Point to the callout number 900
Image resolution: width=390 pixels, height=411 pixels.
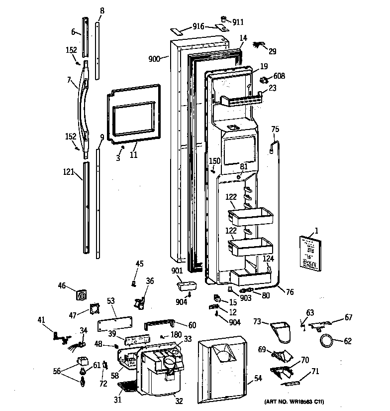click(155, 59)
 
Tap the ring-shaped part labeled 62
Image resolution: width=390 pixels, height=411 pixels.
click(326, 341)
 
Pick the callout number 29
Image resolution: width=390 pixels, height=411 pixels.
click(272, 51)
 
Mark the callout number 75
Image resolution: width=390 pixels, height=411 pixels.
click(275, 130)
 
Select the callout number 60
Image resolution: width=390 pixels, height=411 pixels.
click(192, 325)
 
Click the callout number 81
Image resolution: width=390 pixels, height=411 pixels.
click(243, 166)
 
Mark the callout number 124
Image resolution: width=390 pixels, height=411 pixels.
click(268, 258)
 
